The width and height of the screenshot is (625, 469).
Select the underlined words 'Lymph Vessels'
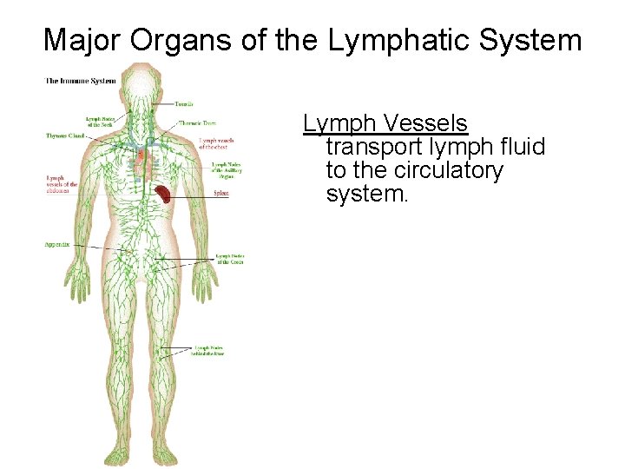coord(385,124)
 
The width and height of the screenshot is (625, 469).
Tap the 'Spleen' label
coord(221,194)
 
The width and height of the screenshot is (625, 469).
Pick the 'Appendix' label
coord(57,246)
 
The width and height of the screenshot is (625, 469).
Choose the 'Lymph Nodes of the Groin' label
coord(230,258)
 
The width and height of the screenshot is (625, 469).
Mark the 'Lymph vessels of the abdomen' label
coord(62,184)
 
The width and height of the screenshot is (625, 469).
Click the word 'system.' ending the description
coord(366,194)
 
